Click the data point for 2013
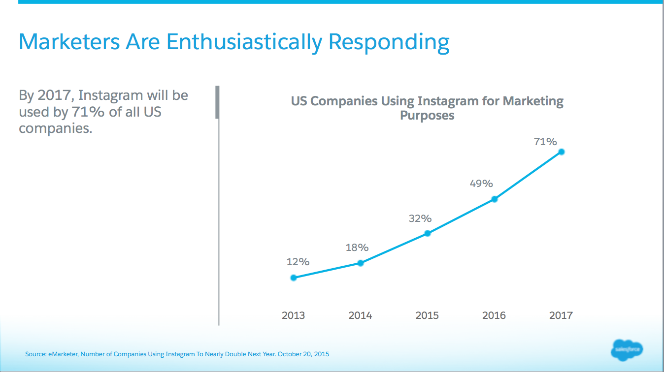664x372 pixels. pyautogui.click(x=294, y=278)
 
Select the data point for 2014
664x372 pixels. pyautogui.click(x=361, y=263)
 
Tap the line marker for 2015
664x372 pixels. pyautogui.click(x=428, y=233)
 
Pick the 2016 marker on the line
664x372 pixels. pyautogui.click(x=495, y=199)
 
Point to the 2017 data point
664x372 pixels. pyautogui.click(x=561, y=152)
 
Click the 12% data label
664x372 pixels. pyautogui.click(x=298, y=262)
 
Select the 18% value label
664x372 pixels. pyautogui.click(x=357, y=248)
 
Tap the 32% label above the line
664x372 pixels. pyautogui.click(x=420, y=218)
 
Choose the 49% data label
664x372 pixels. pyautogui.click(x=481, y=184)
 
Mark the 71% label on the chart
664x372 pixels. pyautogui.click(x=545, y=142)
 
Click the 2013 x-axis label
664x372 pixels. pyautogui.click(x=294, y=315)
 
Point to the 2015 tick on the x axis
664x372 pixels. pyautogui.click(x=427, y=315)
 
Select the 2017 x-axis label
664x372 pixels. pyautogui.click(x=561, y=315)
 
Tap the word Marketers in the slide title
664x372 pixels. pyautogui.click(x=69, y=42)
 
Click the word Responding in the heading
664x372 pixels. pyautogui.click(x=389, y=42)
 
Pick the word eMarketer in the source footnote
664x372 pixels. pyautogui.click(x=61, y=354)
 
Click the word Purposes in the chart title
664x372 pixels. pyautogui.click(x=427, y=116)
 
